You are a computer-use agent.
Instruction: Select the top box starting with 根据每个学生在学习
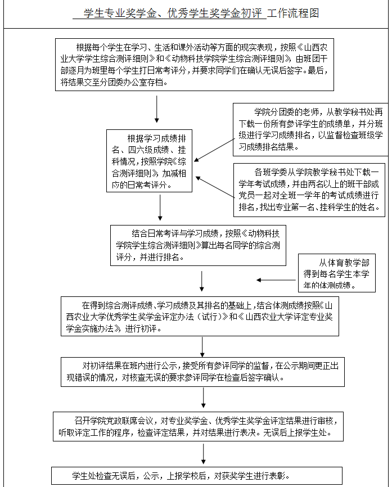(195, 64)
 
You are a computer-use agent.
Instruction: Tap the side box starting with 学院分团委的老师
(310, 129)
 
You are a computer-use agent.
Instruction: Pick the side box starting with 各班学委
(309, 190)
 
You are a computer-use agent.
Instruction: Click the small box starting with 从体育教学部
(337, 274)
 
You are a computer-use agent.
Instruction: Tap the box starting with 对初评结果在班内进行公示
(200, 371)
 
